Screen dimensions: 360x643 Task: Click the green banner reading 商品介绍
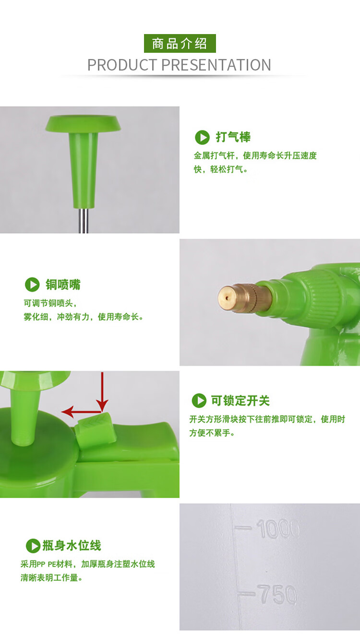(180, 43)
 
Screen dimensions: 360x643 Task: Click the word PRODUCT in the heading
(122, 65)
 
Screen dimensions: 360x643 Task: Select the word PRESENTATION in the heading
(216, 65)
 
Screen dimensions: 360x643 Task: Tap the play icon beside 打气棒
(202, 137)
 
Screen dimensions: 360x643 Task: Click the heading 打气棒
(233, 137)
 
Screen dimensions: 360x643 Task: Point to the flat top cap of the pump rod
(83, 123)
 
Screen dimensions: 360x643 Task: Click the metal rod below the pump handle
(84, 220)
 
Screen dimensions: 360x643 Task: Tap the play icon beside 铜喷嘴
(32, 285)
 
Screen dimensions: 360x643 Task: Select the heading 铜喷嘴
(63, 285)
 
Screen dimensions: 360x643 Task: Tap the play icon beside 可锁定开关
(199, 401)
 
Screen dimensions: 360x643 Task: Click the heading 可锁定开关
(240, 401)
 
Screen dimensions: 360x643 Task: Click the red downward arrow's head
(102, 405)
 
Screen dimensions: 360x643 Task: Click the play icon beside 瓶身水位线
(33, 546)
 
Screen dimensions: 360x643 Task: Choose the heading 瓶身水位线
(72, 546)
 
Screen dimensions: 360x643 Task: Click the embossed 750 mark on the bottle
(277, 594)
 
